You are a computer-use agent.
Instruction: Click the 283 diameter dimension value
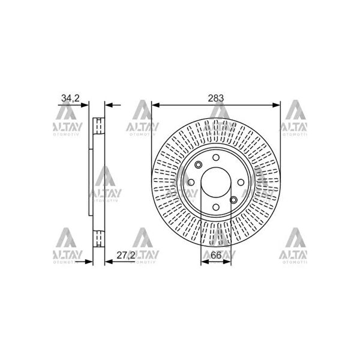215,98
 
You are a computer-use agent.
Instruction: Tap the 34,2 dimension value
70,98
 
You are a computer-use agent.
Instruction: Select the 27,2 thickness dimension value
126,256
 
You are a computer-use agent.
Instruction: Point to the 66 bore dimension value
216,256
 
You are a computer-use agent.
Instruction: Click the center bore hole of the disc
216,182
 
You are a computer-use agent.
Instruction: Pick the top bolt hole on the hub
216,157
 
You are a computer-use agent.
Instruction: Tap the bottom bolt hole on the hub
216,207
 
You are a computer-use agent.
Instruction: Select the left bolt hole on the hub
191,182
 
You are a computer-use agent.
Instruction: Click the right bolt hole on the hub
241,182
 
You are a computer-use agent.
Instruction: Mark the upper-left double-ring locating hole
199,164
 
